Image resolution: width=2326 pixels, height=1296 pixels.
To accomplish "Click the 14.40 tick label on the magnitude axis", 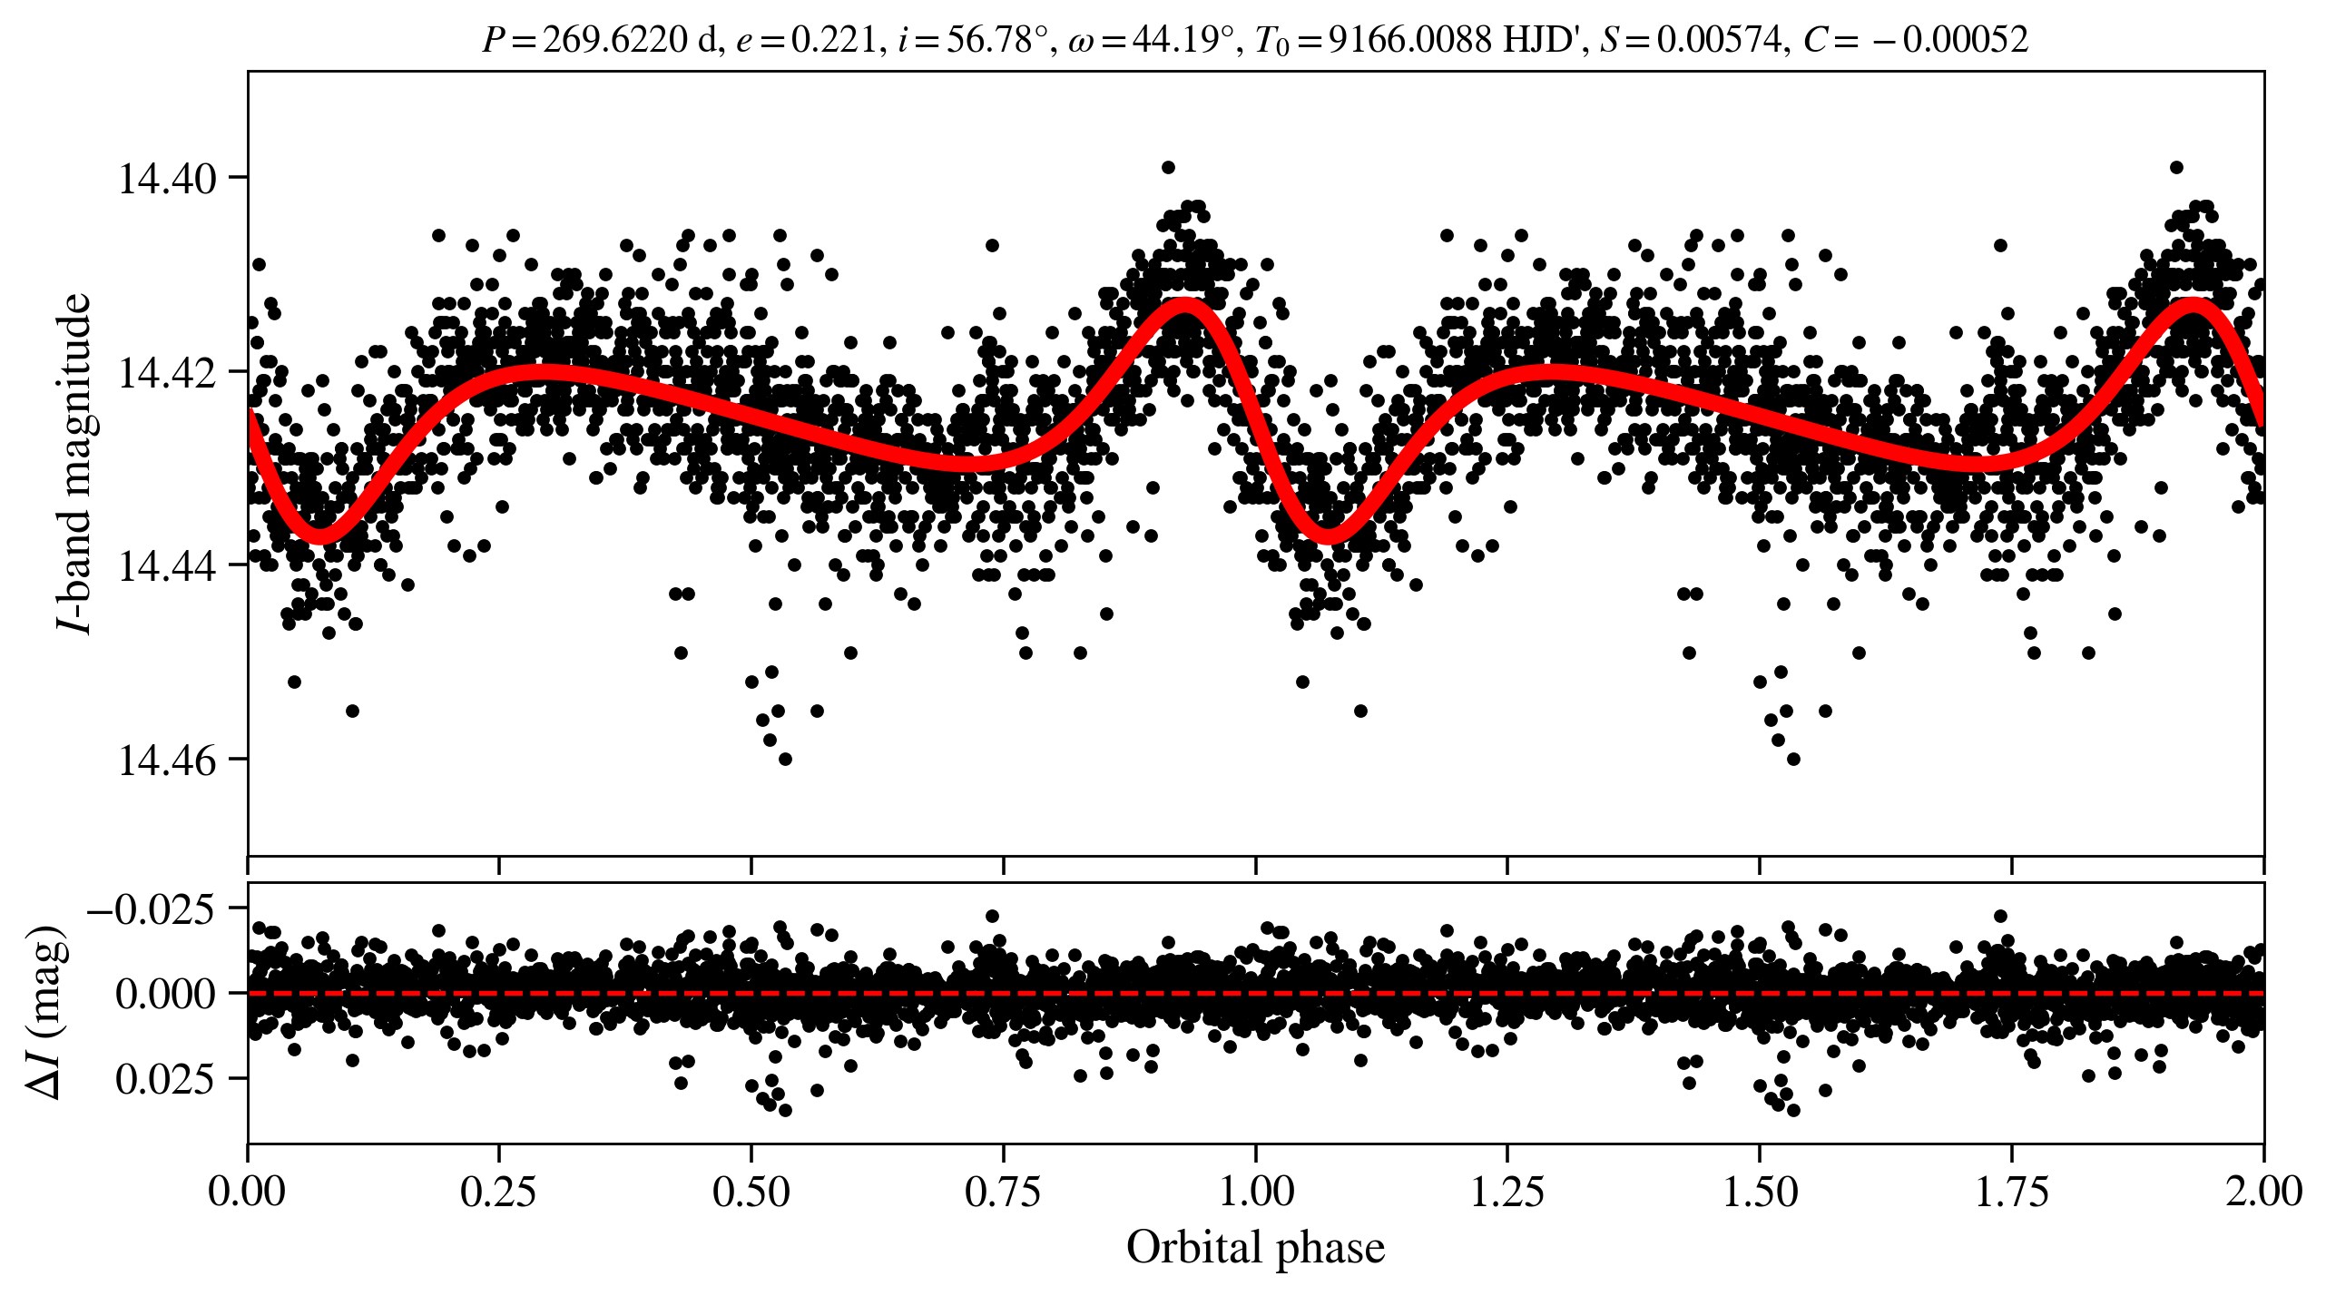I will [167, 179].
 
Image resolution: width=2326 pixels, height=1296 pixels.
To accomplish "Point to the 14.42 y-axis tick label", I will [167, 372].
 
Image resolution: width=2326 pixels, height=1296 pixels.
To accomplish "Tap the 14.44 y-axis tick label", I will [167, 566].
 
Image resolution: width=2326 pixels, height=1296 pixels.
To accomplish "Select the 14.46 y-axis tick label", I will [167, 760].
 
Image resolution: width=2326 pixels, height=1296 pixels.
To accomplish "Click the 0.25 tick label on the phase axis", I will [498, 1192].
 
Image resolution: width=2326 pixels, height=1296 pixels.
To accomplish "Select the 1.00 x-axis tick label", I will [1255, 1192].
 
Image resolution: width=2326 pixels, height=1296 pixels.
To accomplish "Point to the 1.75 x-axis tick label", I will [2012, 1192].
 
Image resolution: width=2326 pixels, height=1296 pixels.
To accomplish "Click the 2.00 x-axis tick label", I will [2263, 1192].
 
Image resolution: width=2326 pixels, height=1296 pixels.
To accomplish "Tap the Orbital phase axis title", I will [1255, 1248].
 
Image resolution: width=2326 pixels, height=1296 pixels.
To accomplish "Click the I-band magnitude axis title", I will [74, 463].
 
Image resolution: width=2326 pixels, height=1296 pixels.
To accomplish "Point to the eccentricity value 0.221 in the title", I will [834, 40].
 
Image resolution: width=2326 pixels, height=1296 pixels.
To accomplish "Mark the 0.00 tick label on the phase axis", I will [247, 1192].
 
